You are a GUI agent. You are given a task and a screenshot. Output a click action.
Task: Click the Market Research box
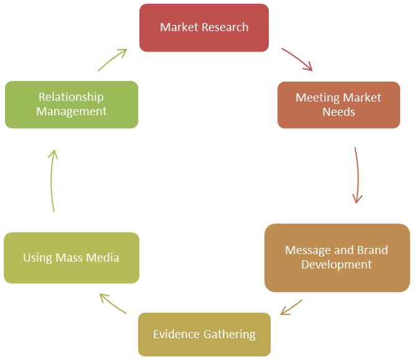click(x=204, y=27)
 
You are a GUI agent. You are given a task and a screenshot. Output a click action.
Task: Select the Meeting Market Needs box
click(x=338, y=105)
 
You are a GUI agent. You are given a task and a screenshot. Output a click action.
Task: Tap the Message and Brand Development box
click(x=337, y=257)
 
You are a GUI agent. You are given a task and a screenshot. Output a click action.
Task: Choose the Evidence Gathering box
click(x=204, y=334)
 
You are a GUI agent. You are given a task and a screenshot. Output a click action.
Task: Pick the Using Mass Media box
click(x=71, y=257)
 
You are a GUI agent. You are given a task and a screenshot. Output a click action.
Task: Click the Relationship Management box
click(x=71, y=104)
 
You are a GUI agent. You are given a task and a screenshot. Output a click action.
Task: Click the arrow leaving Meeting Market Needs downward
click(x=357, y=176)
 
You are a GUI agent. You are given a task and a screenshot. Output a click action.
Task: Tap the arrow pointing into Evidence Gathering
click(x=291, y=307)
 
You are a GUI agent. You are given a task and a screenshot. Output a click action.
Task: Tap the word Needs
click(x=338, y=112)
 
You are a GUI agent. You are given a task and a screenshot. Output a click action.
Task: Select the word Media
click(x=103, y=257)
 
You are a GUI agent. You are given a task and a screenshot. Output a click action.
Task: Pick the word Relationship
click(x=71, y=97)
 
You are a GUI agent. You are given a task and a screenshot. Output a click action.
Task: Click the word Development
click(x=337, y=265)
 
